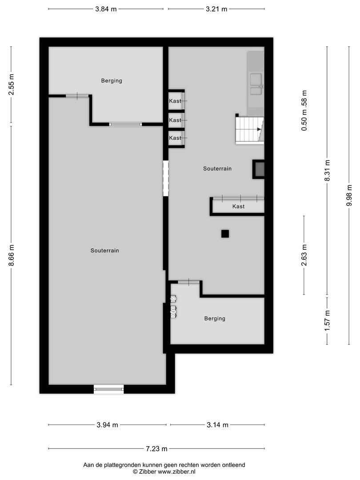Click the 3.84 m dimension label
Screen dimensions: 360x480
coord(106,9)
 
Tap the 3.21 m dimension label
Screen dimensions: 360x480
coord(216,9)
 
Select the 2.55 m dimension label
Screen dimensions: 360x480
coord(11,84)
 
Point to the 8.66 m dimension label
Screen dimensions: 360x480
coord(11,255)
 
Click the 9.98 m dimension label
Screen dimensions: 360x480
coord(349,195)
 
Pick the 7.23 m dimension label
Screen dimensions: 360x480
coord(156,449)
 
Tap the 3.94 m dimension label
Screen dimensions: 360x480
coord(107,425)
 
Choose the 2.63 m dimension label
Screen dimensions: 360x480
coord(304,255)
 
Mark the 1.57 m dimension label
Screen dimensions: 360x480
coord(327,320)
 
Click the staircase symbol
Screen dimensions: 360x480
coord(249,130)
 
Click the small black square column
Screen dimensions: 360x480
coord(225,234)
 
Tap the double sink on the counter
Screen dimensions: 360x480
coord(256,84)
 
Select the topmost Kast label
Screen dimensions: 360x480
coord(175,101)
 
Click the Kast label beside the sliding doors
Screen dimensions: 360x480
coord(239,206)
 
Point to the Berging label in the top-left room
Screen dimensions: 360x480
coord(112,81)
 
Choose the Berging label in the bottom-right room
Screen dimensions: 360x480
coord(215,319)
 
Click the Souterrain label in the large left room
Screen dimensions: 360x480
coord(105,250)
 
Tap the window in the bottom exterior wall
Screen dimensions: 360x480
coord(109,389)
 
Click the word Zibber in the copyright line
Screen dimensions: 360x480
coord(148,472)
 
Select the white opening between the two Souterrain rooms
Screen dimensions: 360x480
coord(166,178)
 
